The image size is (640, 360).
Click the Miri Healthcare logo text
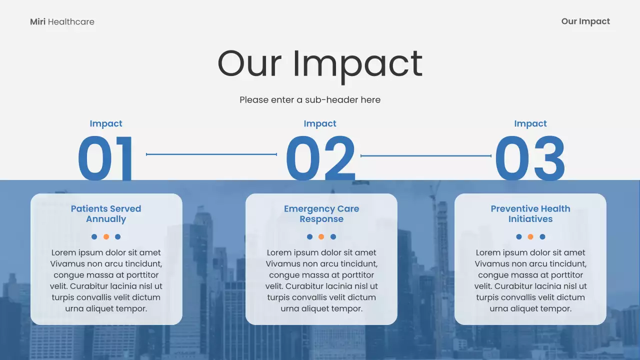pyautogui.click(x=62, y=21)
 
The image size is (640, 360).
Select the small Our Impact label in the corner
pyautogui.click(x=585, y=21)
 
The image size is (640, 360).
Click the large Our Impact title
pyautogui.click(x=320, y=63)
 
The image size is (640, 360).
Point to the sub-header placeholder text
pyautogui.click(x=310, y=100)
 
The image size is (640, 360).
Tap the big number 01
pyautogui.click(x=106, y=158)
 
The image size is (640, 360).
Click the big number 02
pyautogui.click(x=320, y=158)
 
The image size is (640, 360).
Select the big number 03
pyautogui.click(x=530, y=158)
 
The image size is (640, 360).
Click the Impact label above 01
pyautogui.click(x=106, y=123)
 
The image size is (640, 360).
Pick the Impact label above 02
pyautogui.click(x=320, y=123)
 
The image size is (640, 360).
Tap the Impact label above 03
pyautogui.click(x=530, y=123)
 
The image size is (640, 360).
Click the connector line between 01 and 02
pyautogui.click(x=211, y=154)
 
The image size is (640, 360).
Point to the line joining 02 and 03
pyautogui.click(x=426, y=156)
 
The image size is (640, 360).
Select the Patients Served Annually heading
pyautogui.click(x=106, y=214)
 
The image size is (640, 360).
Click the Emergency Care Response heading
pyautogui.click(x=321, y=214)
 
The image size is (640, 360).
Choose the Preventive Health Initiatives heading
pyautogui.click(x=530, y=214)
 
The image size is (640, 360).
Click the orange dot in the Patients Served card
pyautogui.click(x=106, y=237)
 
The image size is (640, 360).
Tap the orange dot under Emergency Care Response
pyautogui.click(x=321, y=237)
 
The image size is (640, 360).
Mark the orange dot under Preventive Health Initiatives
pyautogui.click(x=530, y=237)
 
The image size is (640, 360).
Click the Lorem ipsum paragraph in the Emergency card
pyautogui.click(x=321, y=280)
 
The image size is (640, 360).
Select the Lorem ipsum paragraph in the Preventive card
pyautogui.click(x=530, y=280)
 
